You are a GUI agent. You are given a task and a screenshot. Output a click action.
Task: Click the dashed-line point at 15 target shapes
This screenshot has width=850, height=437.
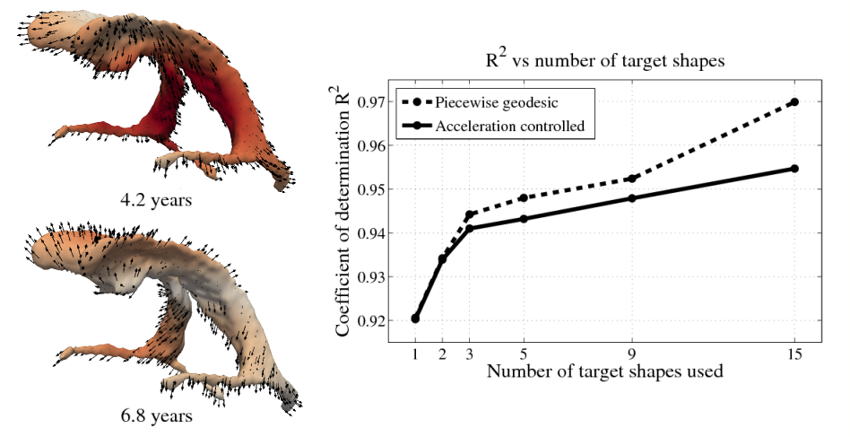(x=794, y=102)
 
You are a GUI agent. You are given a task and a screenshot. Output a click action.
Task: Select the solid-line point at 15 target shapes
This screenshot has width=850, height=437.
(x=794, y=169)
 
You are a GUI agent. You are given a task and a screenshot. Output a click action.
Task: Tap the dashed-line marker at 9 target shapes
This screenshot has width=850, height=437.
(x=632, y=179)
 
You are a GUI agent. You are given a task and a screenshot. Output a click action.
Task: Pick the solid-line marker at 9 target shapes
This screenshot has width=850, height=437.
(x=632, y=197)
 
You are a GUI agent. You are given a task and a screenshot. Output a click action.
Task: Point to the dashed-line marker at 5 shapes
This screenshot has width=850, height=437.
(x=524, y=197)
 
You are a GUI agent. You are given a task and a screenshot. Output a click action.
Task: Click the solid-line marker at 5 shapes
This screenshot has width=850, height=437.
(x=524, y=218)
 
